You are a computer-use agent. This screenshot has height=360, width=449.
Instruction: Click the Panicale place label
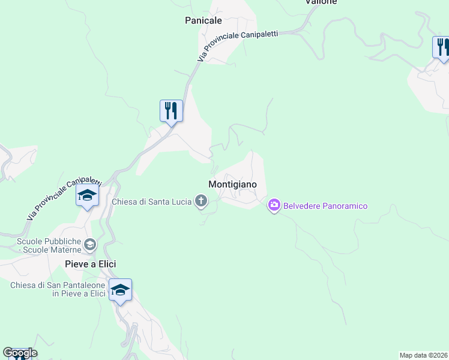coord(203,20)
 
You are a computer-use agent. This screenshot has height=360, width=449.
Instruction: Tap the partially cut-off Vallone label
coord(321,2)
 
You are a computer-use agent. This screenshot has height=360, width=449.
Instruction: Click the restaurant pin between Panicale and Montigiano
coord(171,111)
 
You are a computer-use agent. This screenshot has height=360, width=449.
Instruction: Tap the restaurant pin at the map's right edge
coord(442,47)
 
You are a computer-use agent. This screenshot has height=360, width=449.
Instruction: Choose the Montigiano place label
coord(232,185)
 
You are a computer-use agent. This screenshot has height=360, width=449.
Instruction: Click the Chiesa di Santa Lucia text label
coord(151,201)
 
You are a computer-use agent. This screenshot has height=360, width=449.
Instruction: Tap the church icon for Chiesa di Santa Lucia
coord(201,202)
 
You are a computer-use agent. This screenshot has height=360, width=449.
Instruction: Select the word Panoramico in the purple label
coord(346,206)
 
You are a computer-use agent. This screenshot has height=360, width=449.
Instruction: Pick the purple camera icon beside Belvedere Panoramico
coord(274,206)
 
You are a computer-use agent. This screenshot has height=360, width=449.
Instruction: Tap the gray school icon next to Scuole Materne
coord(90,244)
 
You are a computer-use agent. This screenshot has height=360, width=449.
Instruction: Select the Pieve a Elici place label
coord(90,264)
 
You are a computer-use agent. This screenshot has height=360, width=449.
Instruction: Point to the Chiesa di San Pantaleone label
coord(58,289)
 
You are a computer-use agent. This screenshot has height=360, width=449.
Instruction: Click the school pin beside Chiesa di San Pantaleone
coord(120,290)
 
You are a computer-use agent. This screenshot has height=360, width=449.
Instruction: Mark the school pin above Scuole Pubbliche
coord(87,196)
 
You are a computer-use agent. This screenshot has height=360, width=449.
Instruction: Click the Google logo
coord(19,353)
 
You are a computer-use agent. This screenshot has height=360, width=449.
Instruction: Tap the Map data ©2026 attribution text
coord(424,355)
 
